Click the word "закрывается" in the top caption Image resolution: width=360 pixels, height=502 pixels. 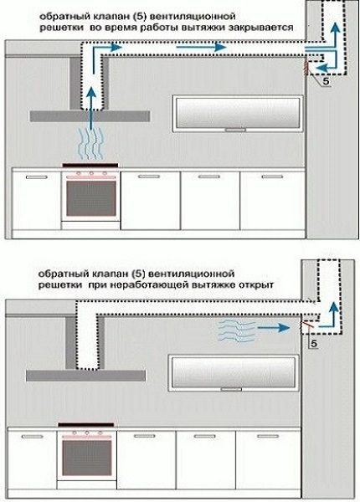pyautogui.click(x=259, y=27)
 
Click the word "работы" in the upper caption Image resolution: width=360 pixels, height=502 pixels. pyautogui.click(x=168, y=27)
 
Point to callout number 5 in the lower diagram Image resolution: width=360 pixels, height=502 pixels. pyautogui.click(x=314, y=343)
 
